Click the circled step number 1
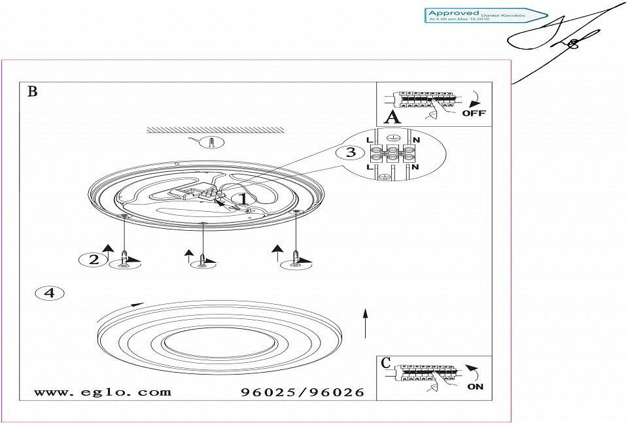tap(241, 197)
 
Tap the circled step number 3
tap(351, 153)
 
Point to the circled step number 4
tap(49, 293)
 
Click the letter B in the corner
tap(32, 91)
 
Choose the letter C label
tap(386, 363)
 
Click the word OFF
tap(474, 113)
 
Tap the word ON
tap(476, 386)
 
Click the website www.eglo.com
tap(102, 392)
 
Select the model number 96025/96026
tap(302, 392)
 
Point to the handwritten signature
tap(563, 39)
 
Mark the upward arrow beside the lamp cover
tap(366, 322)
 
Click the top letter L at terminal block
tap(370, 140)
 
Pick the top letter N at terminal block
tap(417, 140)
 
